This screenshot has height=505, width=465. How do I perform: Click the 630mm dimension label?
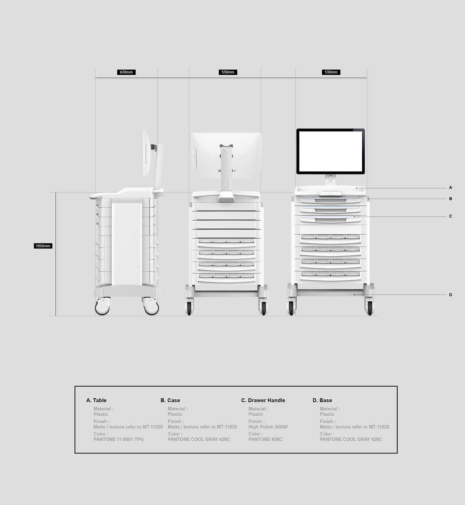pos(126,72)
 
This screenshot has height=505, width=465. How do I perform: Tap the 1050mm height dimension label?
pos(43,246)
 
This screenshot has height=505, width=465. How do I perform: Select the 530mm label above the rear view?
pos(228,72)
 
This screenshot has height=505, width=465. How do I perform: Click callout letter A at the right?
pos(450,188)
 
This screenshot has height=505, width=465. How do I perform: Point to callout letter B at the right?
pos(450,199)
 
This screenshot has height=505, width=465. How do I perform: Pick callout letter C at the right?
pos(450,216)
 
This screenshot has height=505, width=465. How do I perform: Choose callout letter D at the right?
pos(450,295)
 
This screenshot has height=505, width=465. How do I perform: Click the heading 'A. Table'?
pos(96,400)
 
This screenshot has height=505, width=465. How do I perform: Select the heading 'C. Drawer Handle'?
pos(263,400)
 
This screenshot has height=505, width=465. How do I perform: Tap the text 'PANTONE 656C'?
pos(265,439)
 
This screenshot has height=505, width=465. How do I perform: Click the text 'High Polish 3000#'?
pos(268,427)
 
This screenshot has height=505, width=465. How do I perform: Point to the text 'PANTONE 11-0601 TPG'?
pos(119,439)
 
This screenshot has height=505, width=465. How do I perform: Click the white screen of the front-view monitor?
pos(330,151)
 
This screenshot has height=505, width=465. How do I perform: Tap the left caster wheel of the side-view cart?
pos(102,307)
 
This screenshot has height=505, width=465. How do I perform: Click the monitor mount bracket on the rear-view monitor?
pos(226,146)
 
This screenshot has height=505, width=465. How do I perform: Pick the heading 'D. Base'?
pos(322,400)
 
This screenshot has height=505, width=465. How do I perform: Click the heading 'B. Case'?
pos(170,400)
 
